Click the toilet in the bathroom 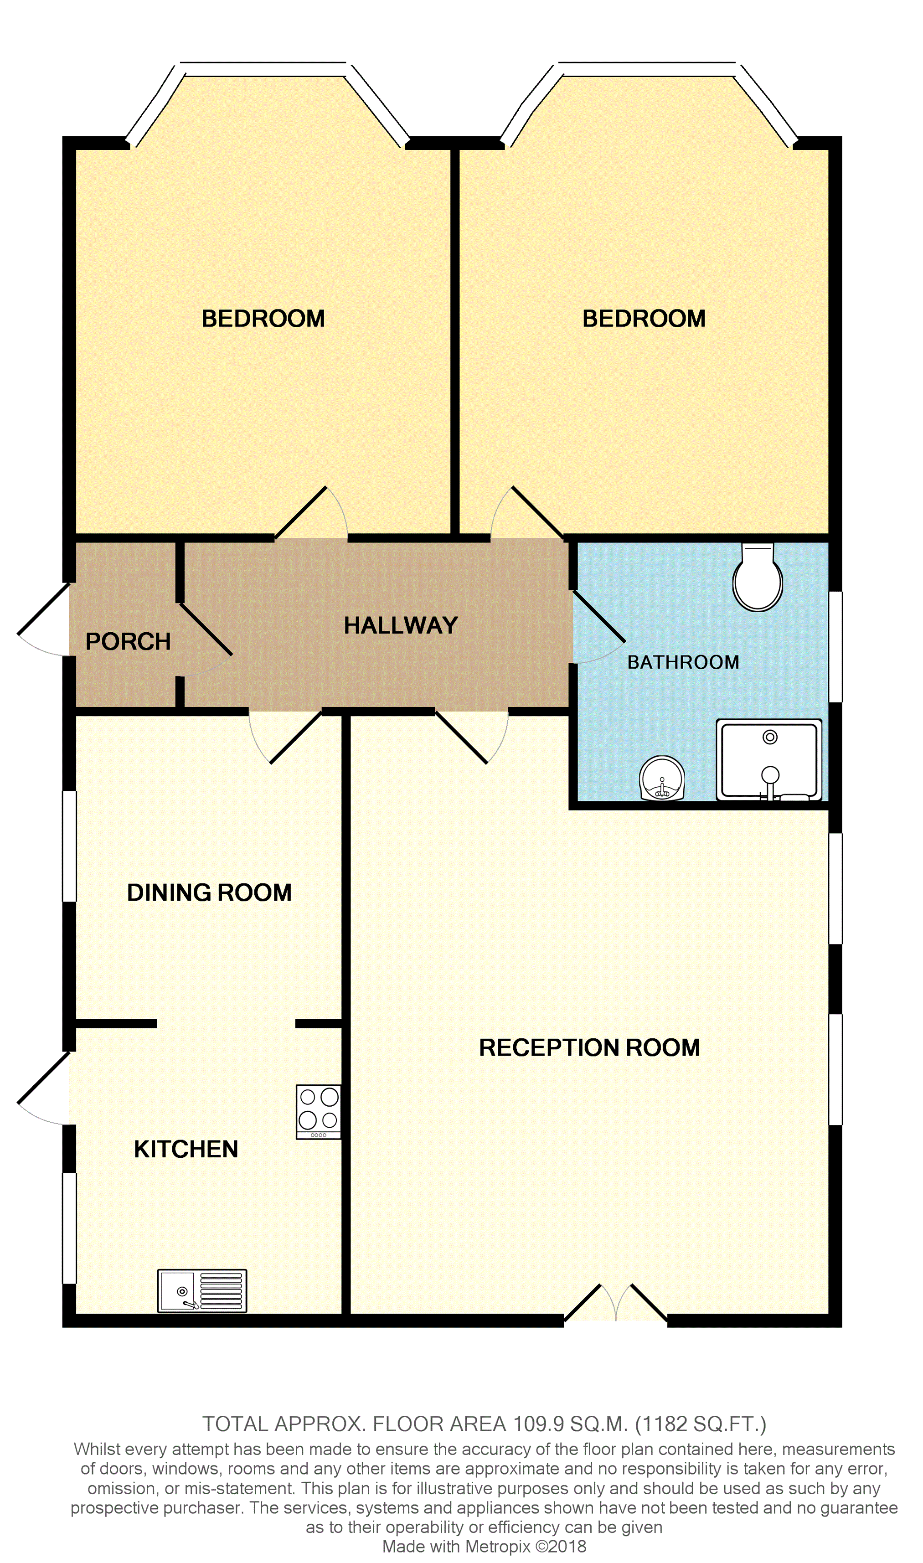click(x=758, y=577)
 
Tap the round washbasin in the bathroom click(x=662, y=778)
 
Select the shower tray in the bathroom click(x=769, y=759)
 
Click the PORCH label click(x=128, y=641)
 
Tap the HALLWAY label click(x=401, y=625)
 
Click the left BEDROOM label click(x=263, y=319)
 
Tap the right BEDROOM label click(x=644, y=319)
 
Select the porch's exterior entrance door click(x=44, y=619)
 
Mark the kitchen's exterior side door click(x=44, y=1088)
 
